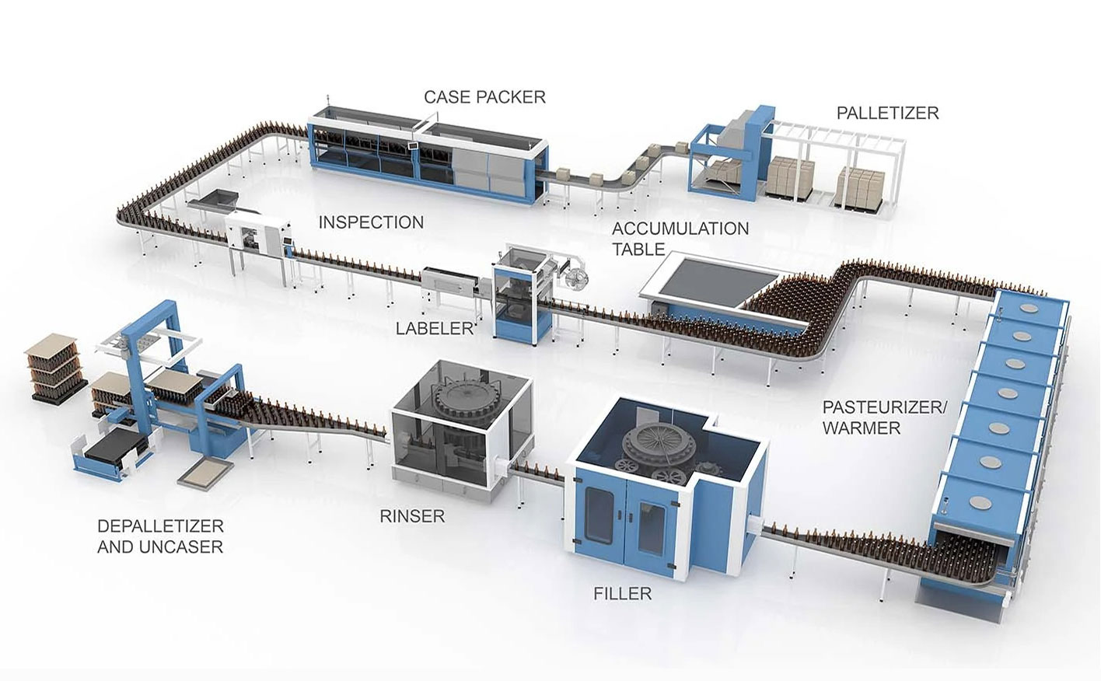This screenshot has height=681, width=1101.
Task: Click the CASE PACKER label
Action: click(x=484, y=97)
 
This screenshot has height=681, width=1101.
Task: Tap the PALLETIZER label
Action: click(x=887, y=113)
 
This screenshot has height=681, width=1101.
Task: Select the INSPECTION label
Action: click(x=371, y=222)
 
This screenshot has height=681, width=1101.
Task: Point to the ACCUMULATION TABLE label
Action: click(x=680, y=239)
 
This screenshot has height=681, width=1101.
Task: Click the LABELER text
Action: click(x=434, y=328)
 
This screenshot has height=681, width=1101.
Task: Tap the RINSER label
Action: click(x=412, y=515)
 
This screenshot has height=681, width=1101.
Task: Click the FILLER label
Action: click(x=622, y=594)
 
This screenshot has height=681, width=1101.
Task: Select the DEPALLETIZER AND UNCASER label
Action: click(x=160, y=536)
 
